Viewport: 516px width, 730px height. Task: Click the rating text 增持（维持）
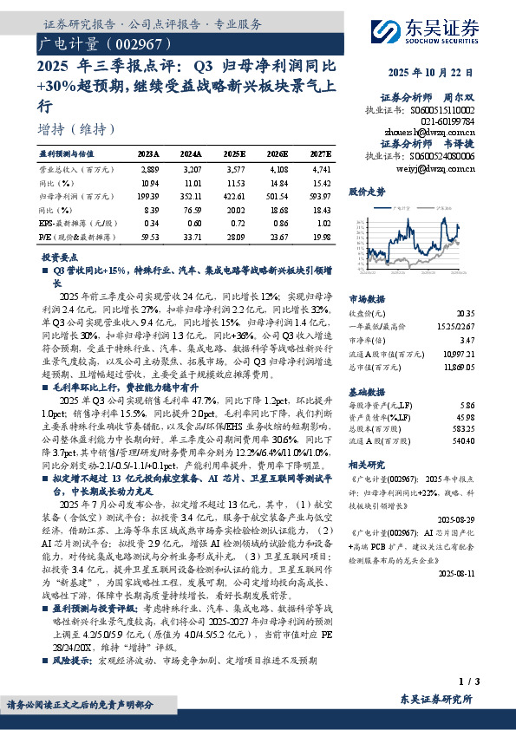(78, 129)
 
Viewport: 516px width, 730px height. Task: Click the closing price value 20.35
(466, 314)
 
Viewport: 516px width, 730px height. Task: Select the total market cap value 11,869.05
(459, 368)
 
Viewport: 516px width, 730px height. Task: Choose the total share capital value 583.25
(464, 427)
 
